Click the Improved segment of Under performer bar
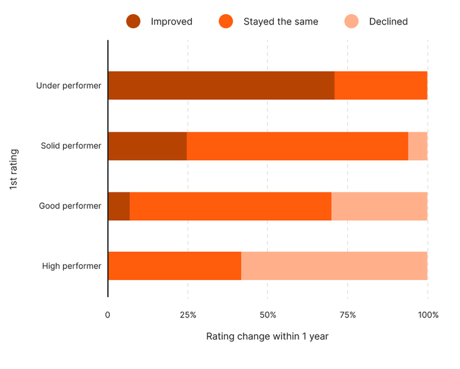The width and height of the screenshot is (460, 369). [221, 85]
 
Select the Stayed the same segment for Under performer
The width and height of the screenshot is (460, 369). [381, 85]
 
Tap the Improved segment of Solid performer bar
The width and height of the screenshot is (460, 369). [147, 146]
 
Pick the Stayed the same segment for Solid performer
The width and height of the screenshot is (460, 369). [297, 146]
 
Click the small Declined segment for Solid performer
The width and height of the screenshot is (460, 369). [418, 146]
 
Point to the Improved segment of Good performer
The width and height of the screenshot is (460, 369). [119, 206]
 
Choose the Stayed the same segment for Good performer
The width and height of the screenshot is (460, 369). [231, 206]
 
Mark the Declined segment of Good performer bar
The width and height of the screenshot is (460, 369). [379, 206]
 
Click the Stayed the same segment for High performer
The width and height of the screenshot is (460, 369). [175, 266]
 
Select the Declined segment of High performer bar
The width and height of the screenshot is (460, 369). [334, 266]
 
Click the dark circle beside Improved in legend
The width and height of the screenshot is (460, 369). [134, 21]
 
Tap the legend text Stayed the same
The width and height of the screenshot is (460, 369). [281, 21]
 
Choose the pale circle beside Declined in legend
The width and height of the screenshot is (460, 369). [351, 21]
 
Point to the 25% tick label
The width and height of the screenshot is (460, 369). [188, 315]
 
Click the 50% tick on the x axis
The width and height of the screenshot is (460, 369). [267, 315]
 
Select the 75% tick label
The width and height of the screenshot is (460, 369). [347, 315]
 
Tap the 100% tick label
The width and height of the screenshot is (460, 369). [427, 315]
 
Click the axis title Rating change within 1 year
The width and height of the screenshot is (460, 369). [267, 337]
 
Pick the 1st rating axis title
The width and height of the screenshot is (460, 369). [13, 169]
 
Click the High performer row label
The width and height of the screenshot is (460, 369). [71, 266]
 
